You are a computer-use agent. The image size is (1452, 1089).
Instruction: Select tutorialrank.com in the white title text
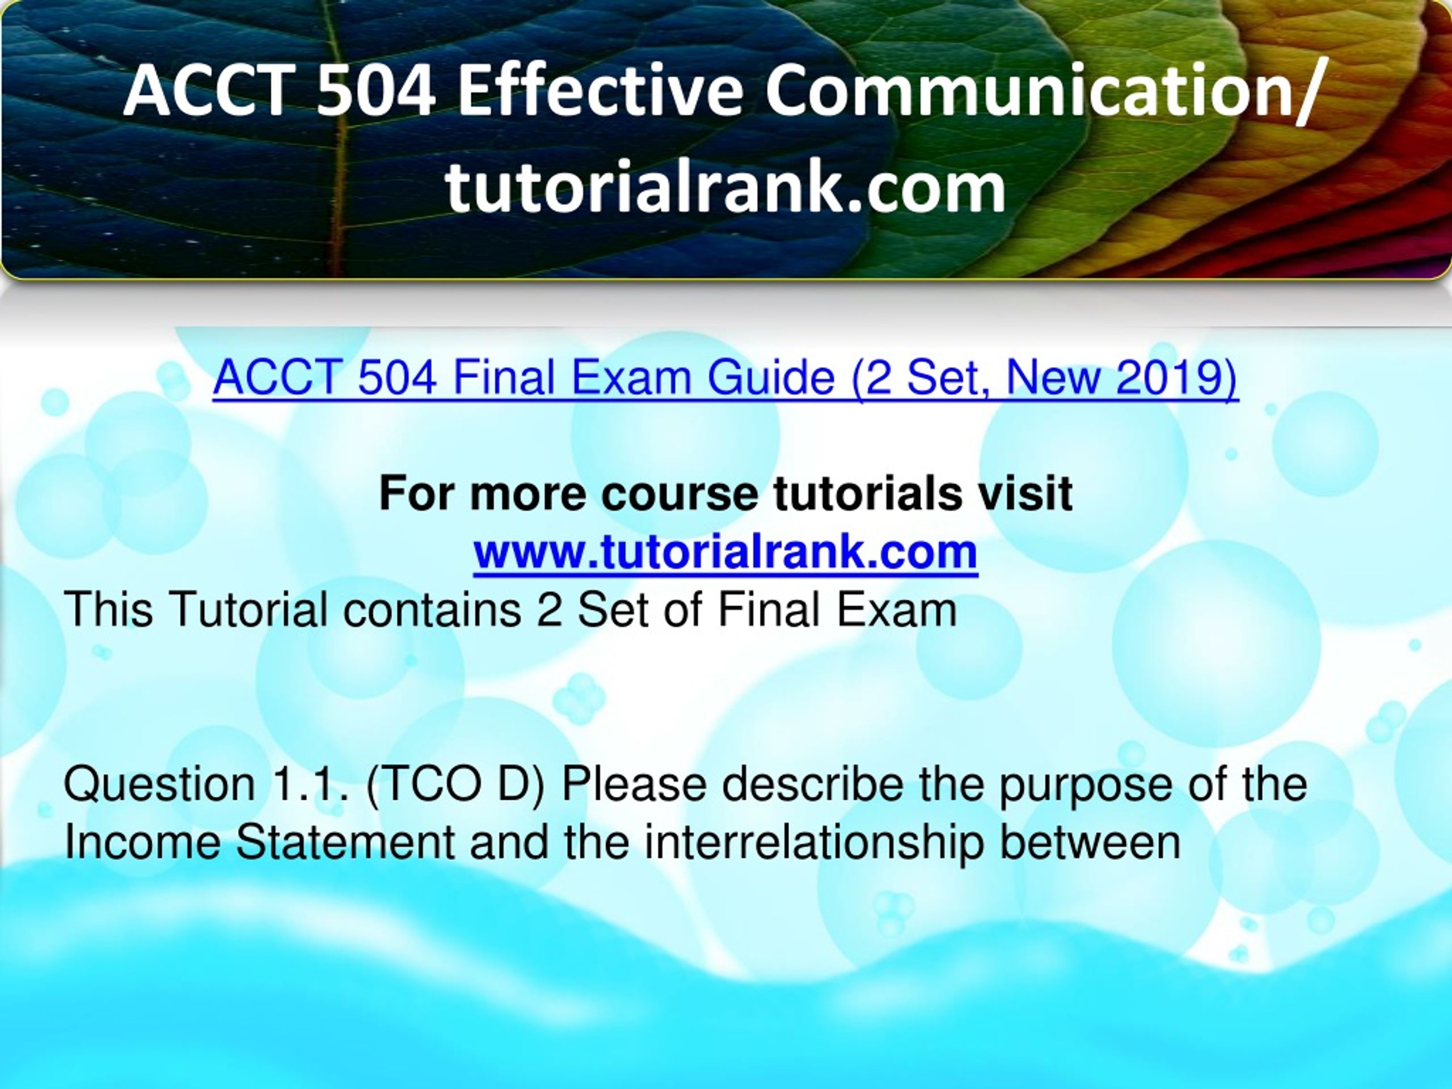point(725,188)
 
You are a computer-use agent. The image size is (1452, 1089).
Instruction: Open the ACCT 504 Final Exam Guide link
point(725,379)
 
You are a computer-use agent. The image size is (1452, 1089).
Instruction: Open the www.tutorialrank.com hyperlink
point(725,552)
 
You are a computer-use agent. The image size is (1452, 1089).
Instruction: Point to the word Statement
point(345,842)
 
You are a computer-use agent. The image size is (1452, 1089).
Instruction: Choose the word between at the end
point(1090,842)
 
